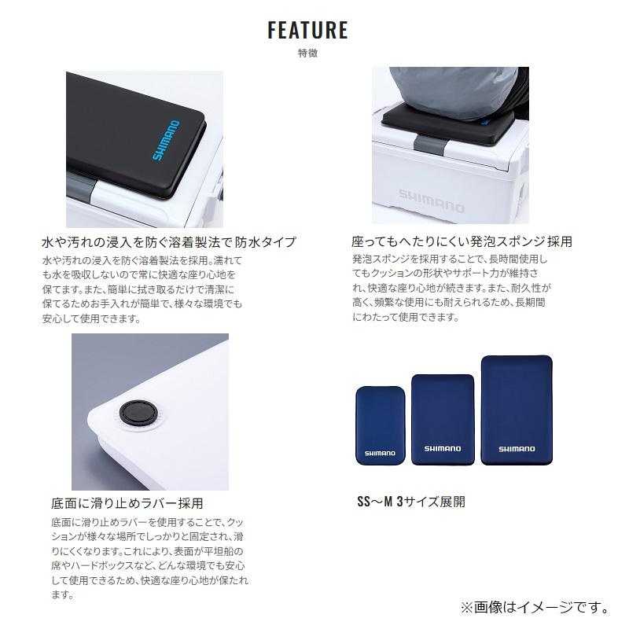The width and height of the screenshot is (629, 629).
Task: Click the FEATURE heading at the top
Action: point(307,30)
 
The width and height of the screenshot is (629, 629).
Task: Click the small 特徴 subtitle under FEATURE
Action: point(307,53)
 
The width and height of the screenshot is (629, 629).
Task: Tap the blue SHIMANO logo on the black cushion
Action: point(166,141)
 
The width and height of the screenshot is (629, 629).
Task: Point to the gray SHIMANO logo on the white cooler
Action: point(431,201)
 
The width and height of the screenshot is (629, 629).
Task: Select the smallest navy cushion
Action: point(381,425)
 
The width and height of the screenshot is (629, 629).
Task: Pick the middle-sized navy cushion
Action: point(443,420)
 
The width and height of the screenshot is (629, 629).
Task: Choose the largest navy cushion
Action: point(517,410)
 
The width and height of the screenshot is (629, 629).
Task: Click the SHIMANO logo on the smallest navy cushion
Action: point(380,454)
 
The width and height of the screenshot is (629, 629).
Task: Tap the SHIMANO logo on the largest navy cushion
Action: point(517,449)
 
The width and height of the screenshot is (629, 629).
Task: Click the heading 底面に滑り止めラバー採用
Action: point(127,503)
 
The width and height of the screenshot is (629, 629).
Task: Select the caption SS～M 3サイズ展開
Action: point(411,502)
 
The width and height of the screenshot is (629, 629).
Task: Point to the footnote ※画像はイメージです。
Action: point(535,607)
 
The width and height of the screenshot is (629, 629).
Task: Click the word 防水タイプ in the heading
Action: point(266,242)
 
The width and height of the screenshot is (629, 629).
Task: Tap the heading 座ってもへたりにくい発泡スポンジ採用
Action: point(462,241)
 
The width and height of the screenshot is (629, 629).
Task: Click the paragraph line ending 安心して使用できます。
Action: point(91,319)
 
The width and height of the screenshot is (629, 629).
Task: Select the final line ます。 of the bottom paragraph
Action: point(63,594)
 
